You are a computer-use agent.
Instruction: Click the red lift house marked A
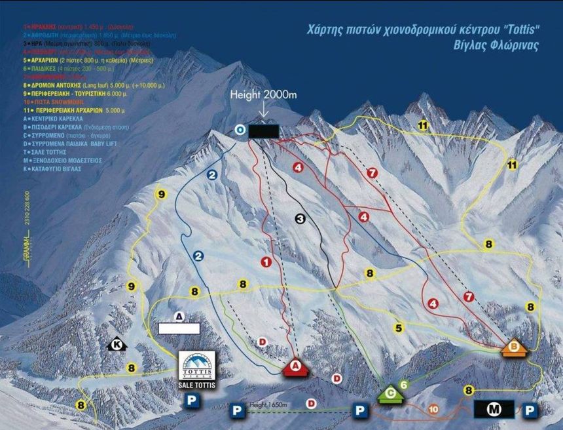(295, 367)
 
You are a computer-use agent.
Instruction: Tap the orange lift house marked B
(514, 347)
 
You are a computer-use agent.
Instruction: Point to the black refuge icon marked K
(117, 343)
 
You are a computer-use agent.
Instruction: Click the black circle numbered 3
(300, 219)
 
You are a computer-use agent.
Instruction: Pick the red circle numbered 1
(266, 262)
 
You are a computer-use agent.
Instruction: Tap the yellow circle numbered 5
(399, 327)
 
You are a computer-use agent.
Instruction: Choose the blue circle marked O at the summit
(240, 130)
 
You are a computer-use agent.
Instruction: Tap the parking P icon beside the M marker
(530, 410)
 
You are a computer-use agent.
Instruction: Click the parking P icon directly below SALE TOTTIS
(192, 400)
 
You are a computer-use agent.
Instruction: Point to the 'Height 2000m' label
(263, 95)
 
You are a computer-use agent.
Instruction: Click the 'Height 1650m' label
(268, 406)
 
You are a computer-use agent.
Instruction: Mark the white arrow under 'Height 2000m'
(263, 111)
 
